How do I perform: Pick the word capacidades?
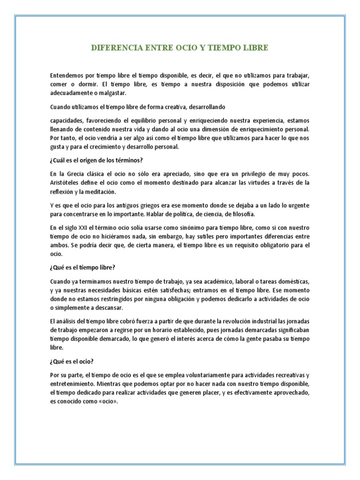tap(67, 120)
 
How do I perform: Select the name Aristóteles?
tap(65, 182)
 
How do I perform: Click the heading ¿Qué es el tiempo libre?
tap(82, 267)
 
